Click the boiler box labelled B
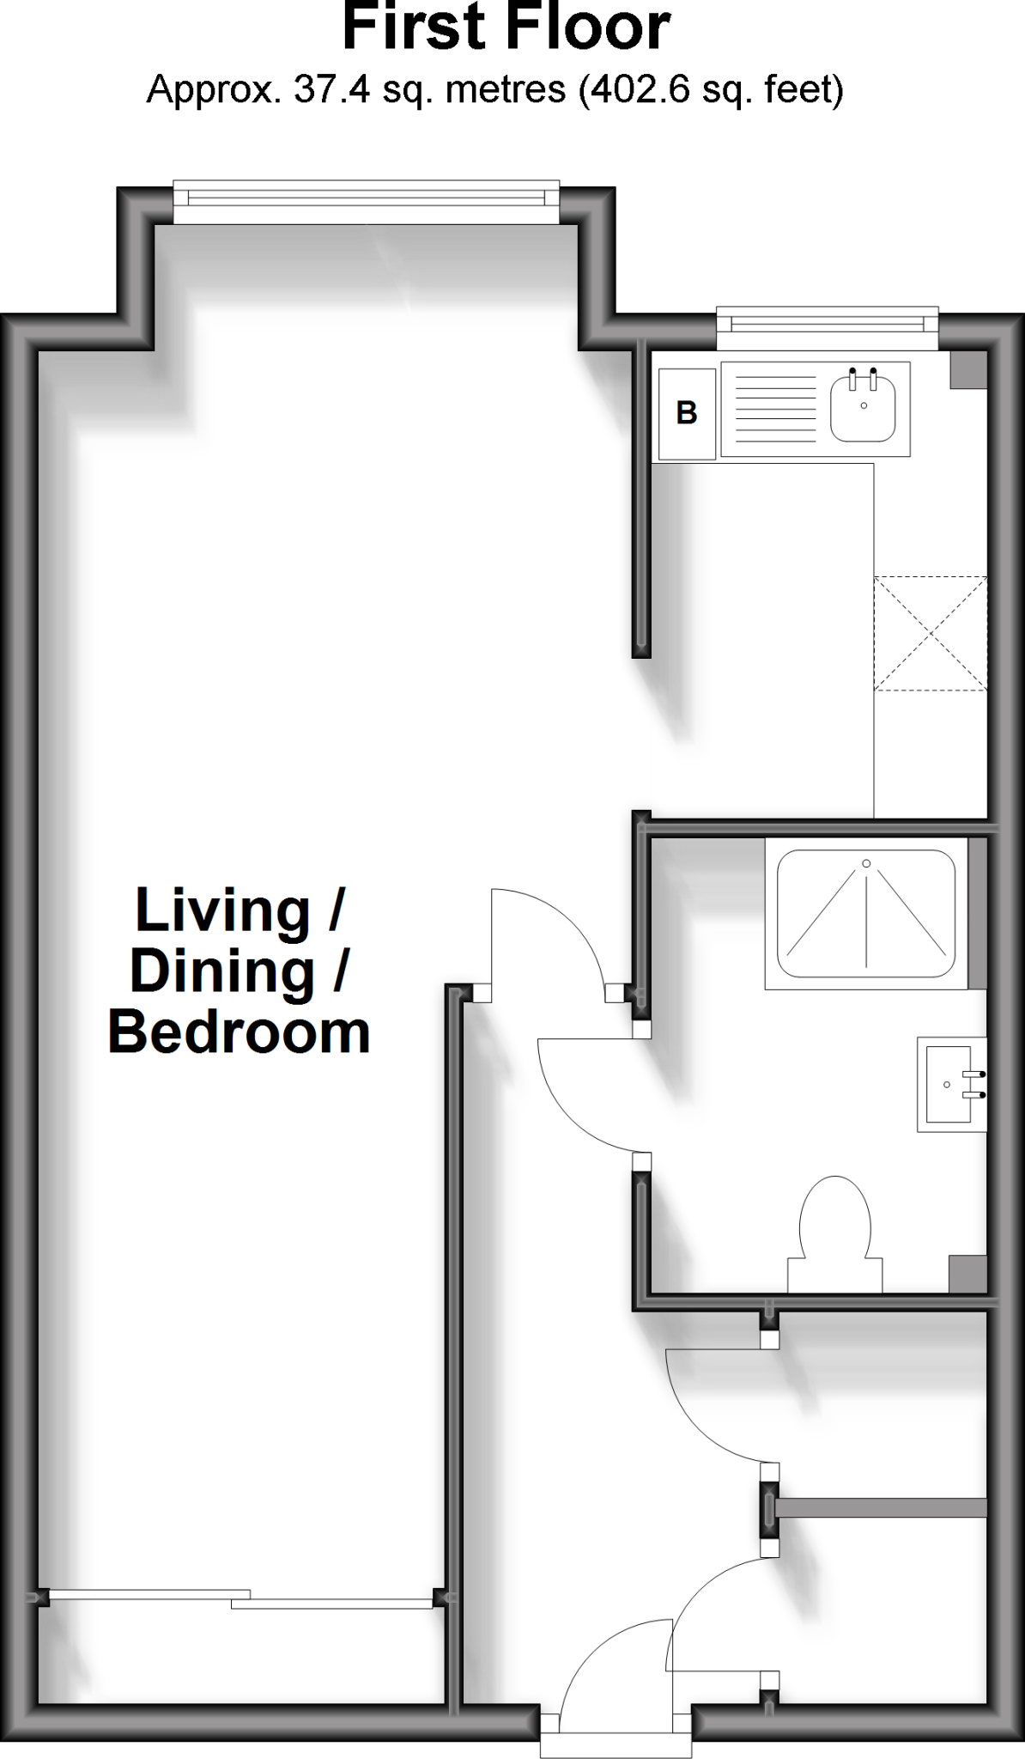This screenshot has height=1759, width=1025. coord(686,414)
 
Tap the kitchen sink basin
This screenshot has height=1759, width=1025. coord(863,410)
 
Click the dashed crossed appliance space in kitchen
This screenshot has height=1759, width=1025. coord(930,633)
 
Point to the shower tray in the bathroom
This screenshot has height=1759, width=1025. coord(865,914)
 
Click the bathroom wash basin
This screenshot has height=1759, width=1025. coord(949,1084)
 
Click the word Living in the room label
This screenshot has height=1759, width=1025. coord(222,910)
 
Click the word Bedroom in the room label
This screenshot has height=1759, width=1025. coord(239,1032)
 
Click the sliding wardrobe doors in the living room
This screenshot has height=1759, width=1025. coord(240,1598)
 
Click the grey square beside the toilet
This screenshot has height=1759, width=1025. coord(967,1273)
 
